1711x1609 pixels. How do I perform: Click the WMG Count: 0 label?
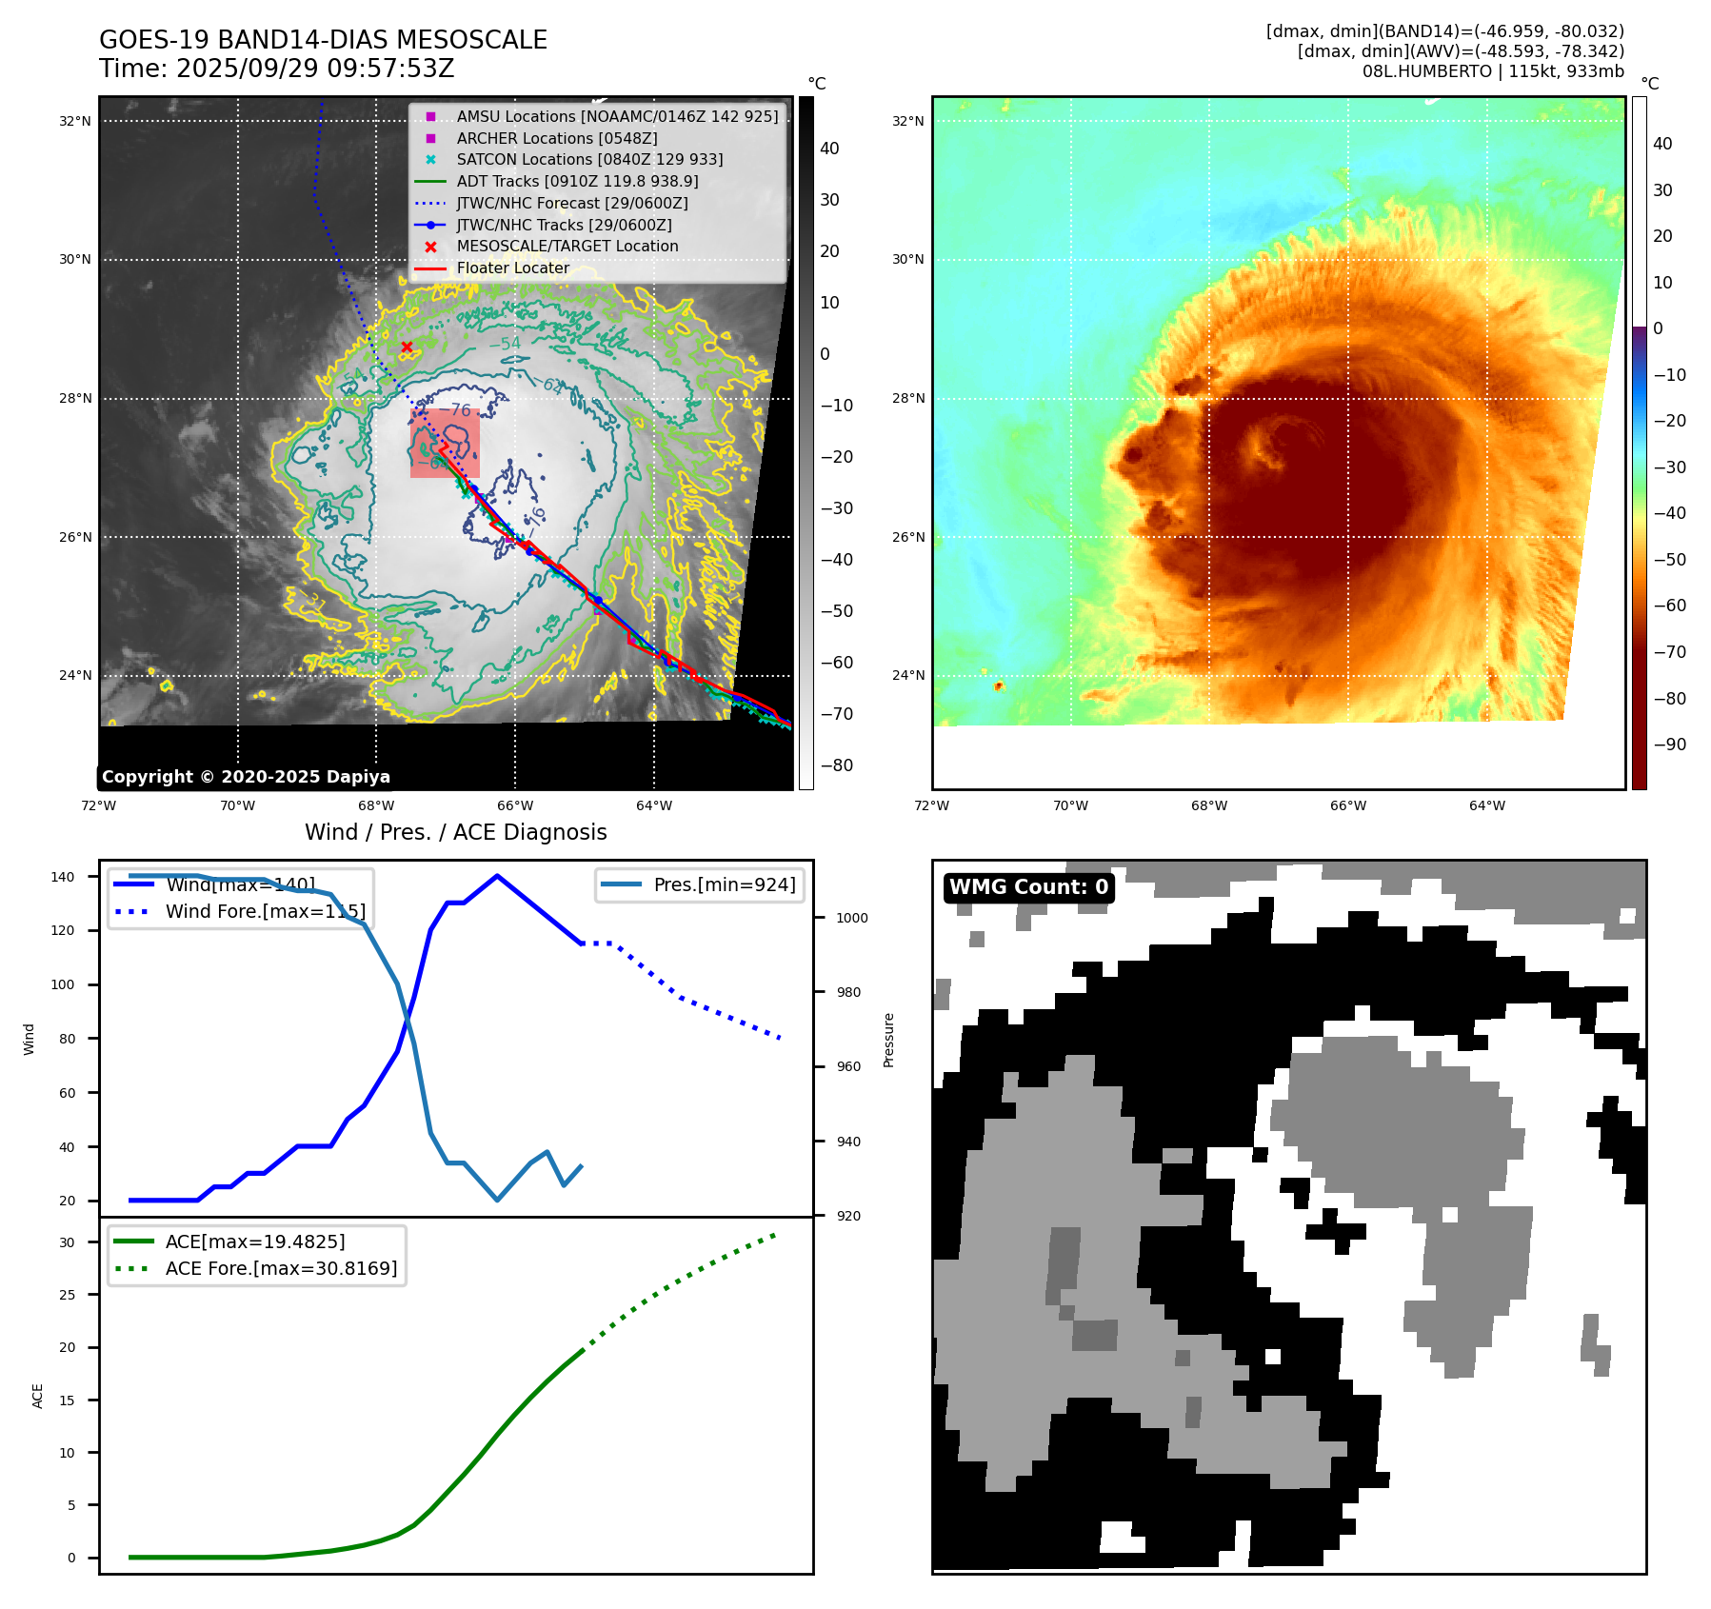(1028, 887)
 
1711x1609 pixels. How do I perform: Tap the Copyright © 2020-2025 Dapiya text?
(246, 777)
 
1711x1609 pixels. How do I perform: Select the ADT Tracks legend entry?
(577, 181)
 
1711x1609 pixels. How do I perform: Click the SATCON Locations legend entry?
(589, 159)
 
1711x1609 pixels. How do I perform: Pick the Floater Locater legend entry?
(512, 268)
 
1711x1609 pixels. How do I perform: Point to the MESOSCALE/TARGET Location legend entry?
(567, 246)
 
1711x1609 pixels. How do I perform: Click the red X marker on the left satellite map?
(407, 347)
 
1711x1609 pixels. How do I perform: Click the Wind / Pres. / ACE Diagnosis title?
(455, 832)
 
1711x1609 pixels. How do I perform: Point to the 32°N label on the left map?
(75, 121)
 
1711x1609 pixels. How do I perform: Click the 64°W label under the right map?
(1487, 805)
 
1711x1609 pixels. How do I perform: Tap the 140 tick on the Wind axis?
(63, 877)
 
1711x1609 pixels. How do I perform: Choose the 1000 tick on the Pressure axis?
(852, 918)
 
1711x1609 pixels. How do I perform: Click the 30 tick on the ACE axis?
(67, 1242)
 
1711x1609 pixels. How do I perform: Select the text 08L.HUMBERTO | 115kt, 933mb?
(1492, 71)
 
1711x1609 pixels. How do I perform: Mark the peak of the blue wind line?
(497, 876)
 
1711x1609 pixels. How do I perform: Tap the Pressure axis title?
(888, 1040)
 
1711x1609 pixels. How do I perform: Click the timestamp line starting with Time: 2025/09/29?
(276, 69)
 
